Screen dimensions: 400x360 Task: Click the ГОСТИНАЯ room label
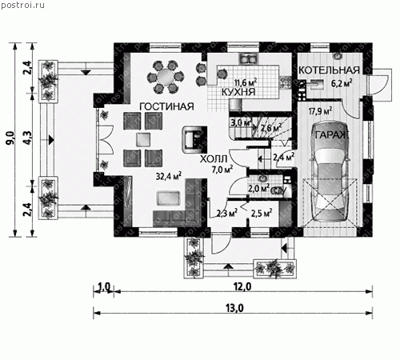click(166, 106)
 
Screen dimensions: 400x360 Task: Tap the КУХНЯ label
click(238, 92)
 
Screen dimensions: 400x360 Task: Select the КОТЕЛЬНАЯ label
click(329, 70)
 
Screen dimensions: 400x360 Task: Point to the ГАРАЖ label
click(331, 135)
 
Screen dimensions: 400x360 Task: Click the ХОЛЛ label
click(214, 159)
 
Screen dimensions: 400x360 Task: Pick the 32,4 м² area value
click(169, 176)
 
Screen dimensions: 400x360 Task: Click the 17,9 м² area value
click(320, 110)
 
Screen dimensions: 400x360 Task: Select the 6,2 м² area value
click(342, 83)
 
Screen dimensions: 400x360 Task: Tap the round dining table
click(166, 77)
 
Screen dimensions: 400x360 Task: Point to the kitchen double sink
click(249, 59)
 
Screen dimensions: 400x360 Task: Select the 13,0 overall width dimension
click(234, 308)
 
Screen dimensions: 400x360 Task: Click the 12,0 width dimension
click(242, 286)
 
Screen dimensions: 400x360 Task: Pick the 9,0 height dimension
click(10, 138)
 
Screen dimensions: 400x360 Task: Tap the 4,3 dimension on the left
click(28, 138)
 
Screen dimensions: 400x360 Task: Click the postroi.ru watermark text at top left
click(22, 6)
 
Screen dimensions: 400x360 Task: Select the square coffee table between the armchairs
click(143, 139)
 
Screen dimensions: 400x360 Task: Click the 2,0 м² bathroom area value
click(258, 189)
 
